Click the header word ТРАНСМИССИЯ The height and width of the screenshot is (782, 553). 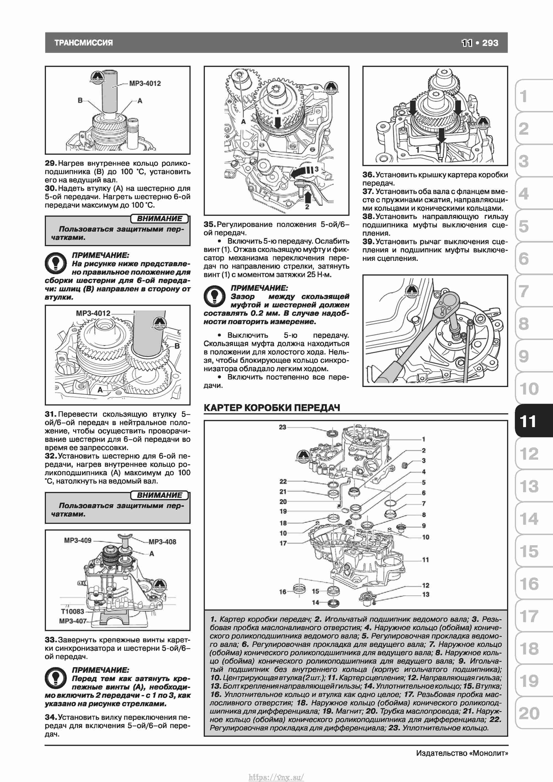[x=84, y=43]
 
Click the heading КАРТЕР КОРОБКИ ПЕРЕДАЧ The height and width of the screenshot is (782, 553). [x=272, y=408]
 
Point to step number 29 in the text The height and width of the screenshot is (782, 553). [x=50, y=163]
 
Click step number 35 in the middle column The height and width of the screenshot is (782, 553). [x=209, y=224]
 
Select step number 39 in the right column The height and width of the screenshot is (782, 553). [x=368, y=241]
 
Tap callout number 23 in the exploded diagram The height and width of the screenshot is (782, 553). [x=282, y=427]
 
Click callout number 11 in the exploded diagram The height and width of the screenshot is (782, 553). [x=425, y=560]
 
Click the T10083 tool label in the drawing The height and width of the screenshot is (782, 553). [x=72, y=611]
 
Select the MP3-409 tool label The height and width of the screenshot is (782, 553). [x=78, y=540]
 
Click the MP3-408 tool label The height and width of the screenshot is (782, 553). [x=162, y=542]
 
